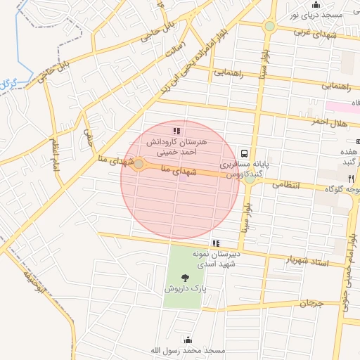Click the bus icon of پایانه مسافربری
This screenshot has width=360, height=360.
(244, 153)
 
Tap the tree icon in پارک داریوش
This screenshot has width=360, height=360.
(185, 278)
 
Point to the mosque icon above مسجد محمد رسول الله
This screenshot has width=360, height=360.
(187, 340)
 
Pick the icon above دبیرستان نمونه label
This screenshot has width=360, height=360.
(216, 243)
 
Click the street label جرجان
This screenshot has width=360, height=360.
(311, 303)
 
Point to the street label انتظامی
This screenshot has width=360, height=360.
(285, 185)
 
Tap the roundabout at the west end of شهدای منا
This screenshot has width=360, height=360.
(139, 165)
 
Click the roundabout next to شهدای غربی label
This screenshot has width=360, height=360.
(269, 27)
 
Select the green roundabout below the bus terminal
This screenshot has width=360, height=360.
(250, 179)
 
